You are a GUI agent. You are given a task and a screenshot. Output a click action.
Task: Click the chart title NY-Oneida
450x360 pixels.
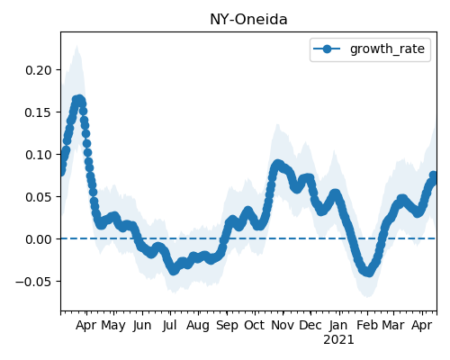click(x=248, y=20)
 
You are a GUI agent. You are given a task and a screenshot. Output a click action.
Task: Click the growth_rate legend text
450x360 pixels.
click(x=387, y=49)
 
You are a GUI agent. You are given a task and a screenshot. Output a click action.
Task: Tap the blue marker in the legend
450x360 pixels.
click(x=327, y=49)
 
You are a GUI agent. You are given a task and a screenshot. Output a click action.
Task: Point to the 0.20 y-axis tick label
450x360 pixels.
click(x=39, y=70)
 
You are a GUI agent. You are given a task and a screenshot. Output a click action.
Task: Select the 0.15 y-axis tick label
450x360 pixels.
click(x=39, y=112)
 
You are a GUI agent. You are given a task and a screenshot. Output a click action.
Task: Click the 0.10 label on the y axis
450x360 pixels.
click(x=39, y=155)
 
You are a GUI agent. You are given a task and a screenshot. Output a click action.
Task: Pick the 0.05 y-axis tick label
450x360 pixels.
click(x=39, y=197)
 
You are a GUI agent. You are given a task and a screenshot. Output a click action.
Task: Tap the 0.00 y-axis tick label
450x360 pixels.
click(x=39, y=239)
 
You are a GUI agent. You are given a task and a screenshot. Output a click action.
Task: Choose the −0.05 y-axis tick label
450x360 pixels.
click(x=34, y=282)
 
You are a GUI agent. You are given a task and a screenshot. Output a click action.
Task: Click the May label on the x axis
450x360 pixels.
click(x=113, y=326)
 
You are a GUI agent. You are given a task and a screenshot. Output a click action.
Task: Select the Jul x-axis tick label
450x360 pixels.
click(x=169, y=325)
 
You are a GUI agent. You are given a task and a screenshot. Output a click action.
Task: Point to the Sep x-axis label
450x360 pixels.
click(x=227, y=326)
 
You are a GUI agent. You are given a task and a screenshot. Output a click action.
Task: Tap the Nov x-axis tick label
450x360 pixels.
click(x=283, y=325)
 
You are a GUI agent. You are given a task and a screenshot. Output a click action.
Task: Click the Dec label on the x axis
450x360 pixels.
click(x=310, y=325)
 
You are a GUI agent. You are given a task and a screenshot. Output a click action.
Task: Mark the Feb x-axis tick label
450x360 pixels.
click(x=367, y=325)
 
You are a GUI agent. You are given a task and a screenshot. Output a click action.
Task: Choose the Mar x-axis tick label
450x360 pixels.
click(x=393, y=325)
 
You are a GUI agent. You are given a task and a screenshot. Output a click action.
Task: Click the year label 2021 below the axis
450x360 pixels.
click(x=338, y=340)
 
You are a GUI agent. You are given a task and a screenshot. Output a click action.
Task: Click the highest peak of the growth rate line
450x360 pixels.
click(x=79, y=99)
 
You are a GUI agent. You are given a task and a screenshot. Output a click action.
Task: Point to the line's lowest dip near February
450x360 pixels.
click(x=368, y=273)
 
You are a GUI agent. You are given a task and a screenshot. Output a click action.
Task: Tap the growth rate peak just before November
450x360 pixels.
click(x=278, y=165)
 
